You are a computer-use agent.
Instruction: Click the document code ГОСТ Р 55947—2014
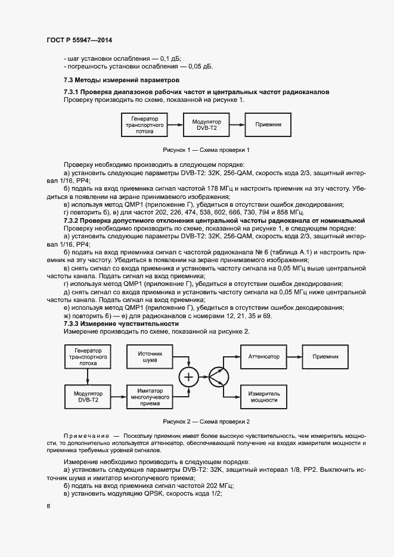click(79, 41)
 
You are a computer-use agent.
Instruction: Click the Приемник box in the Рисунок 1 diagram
click(272, 125)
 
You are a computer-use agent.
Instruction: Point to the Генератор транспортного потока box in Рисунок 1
click(144, 125)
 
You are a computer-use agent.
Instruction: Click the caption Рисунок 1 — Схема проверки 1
click(206, 150)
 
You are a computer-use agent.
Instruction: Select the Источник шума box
click(149, 356)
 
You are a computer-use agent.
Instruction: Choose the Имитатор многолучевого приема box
click(149, 396)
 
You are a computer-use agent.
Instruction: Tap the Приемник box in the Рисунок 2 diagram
click(325, 356)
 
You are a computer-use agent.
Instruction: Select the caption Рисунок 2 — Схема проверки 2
click(206, 422)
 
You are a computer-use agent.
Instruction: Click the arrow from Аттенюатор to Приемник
click(294, 356)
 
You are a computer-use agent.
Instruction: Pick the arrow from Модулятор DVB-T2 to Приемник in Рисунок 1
click(237, 125)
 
